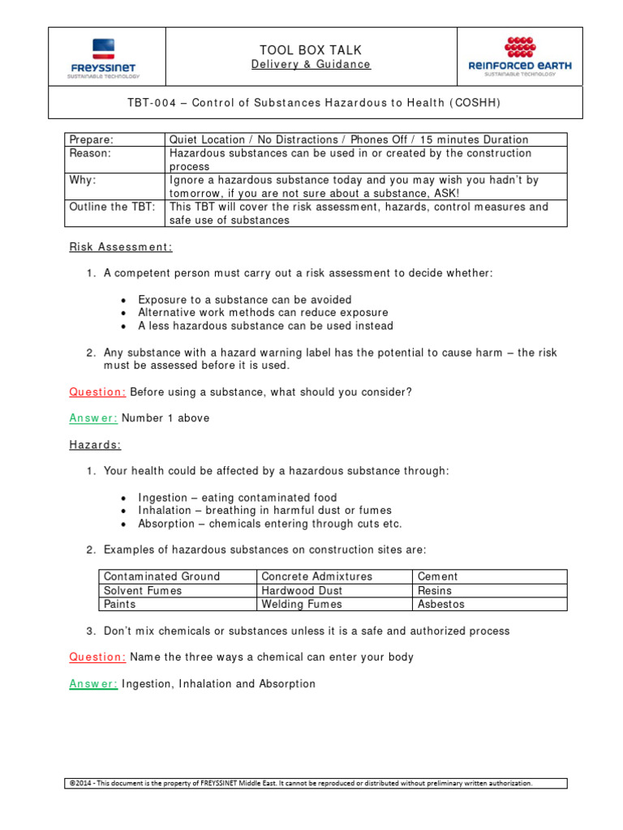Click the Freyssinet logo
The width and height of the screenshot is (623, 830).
(103, 58)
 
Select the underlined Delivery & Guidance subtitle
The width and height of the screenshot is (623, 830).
(311, 65)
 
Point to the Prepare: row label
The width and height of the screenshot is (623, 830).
(92, 139)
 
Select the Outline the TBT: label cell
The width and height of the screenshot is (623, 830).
(111, 207)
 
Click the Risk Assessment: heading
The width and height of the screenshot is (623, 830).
(120, 246)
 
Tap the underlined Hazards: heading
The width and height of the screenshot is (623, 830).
(95, 444)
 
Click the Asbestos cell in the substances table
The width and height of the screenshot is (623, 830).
(440, 604)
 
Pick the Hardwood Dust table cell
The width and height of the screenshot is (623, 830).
(302, 590)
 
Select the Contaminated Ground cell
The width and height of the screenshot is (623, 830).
(161, 576)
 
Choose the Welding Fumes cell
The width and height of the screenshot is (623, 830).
(302, 604)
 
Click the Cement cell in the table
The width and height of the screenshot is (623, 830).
(437, 576)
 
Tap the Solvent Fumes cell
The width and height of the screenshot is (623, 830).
(143, 590)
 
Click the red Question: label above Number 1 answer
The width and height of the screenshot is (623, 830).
(97, 392)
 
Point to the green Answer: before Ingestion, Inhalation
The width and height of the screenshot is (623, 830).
(93, 683)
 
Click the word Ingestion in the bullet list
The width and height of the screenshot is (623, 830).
(162, 498)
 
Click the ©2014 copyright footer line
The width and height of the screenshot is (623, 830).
(301, 783)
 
